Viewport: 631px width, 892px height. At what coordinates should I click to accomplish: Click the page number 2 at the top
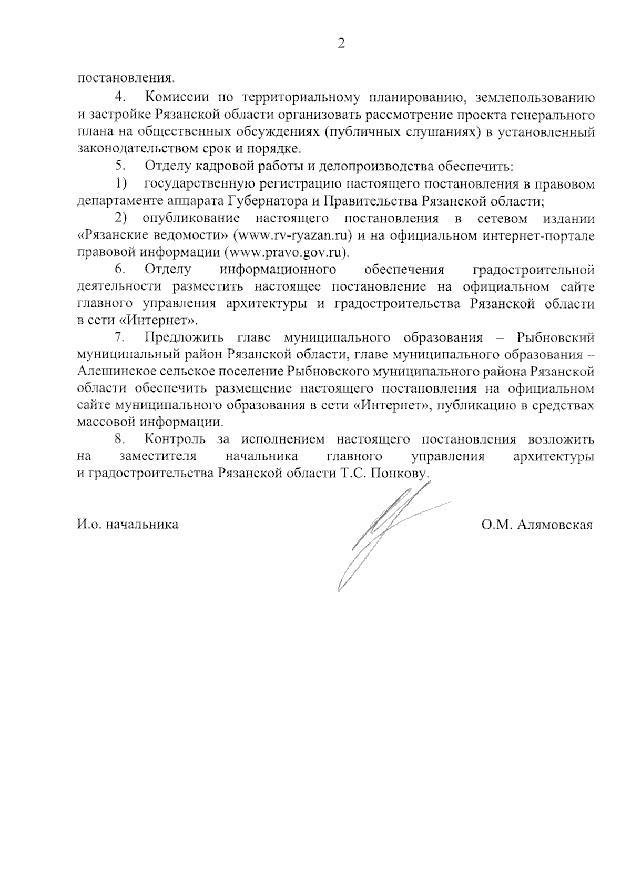(x=341, y=44)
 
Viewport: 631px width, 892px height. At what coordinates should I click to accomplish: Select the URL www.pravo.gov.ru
(x=286, y=252)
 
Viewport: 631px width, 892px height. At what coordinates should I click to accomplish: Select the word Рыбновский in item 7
(x=556, y=337)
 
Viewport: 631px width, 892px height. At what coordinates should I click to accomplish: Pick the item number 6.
(x=120, y=270)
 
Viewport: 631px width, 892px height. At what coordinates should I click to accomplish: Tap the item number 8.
(x=120, y=439)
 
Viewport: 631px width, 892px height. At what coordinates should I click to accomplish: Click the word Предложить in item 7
(x=185, y=337)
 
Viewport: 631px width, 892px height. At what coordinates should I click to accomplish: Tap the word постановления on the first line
(x=126, y=79)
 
